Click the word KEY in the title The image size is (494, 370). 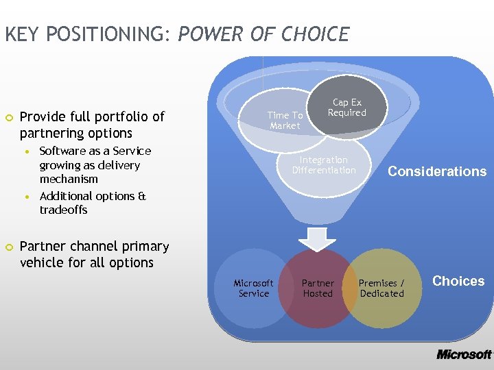point(20,34)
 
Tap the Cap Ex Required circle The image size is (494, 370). point(347,108)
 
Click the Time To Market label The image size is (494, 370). point(285,121)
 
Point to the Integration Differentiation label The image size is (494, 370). point(324,165)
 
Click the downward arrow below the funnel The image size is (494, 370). point(317,238)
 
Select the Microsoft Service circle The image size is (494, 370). point(253,288)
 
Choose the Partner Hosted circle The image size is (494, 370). point(318,288)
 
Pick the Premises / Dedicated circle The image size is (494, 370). point(381,288)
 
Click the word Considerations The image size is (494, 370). point(437,172)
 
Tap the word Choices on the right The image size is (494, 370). point(458,281)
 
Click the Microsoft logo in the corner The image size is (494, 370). point(464,354)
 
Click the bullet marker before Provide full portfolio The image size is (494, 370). point(8,117)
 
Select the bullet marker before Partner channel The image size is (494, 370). point(8,247)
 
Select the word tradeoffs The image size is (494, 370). point(63,210)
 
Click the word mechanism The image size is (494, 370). point(69,180)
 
